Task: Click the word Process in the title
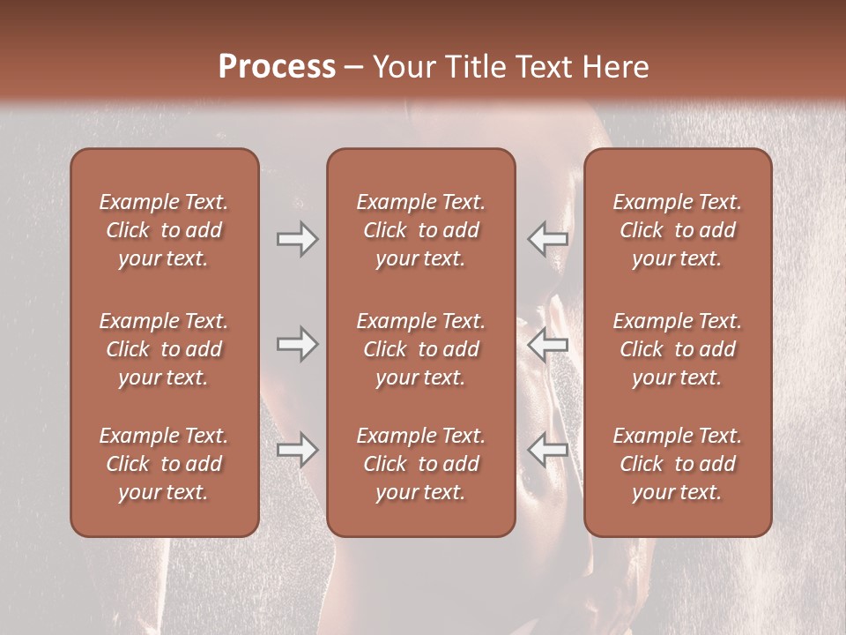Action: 277,66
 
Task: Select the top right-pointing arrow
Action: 297,239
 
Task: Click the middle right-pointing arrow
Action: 297,344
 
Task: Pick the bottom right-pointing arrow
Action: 297,450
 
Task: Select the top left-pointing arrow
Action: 547,239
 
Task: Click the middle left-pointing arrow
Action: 547,344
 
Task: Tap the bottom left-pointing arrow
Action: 547,450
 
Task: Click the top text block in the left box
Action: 164,230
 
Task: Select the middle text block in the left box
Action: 164,349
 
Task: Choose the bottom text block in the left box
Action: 164,464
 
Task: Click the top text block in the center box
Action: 420,230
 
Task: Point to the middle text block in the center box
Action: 420,349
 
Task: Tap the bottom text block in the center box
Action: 420,464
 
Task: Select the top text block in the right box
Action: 677,230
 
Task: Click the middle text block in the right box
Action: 677,349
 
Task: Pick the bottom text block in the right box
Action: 677,464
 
